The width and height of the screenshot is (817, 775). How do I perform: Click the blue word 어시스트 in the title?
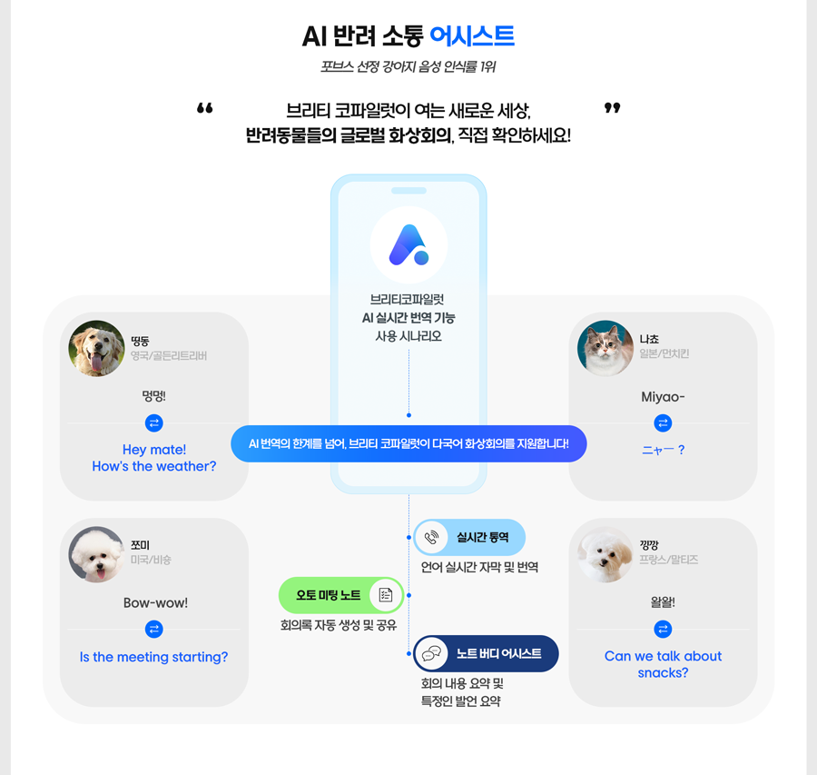(x=471, y=36)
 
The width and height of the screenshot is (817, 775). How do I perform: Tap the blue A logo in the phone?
(x=409, y=244)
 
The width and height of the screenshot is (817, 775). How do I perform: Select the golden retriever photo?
(x=97, y=348)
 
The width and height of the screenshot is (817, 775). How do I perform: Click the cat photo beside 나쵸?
(x=605, y=348)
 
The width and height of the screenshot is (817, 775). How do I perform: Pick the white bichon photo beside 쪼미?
(x=97, y=554)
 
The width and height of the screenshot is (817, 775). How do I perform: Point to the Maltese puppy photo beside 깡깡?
(x=605, y=554)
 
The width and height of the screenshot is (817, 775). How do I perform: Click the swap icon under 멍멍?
(x=153, y=423)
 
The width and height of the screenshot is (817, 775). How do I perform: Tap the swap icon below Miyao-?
(x=663, y=423)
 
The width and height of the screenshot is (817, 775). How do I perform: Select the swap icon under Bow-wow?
(x=153, y=629)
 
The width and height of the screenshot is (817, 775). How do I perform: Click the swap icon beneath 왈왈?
(x=663, y=629)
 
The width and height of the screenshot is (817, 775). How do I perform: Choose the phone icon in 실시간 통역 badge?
(x=432, y=537)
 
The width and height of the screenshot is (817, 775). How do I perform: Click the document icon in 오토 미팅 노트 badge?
(x=386, y=595)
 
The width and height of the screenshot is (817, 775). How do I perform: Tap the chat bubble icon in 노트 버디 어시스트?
(x=432, y=653)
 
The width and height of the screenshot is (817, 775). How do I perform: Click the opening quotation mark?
(x=205, y=108)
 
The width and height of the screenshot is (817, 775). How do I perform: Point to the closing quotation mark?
(x=612, y=108)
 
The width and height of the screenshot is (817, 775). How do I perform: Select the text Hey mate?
(x=154, y=450)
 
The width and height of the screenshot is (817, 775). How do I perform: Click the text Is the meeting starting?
(x=153, y=657)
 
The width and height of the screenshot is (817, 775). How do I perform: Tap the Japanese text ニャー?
(x=663, y=450)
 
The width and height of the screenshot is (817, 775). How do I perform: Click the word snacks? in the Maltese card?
(x=663, y=672)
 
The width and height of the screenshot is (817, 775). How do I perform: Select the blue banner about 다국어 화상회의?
(x=409, y=443)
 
